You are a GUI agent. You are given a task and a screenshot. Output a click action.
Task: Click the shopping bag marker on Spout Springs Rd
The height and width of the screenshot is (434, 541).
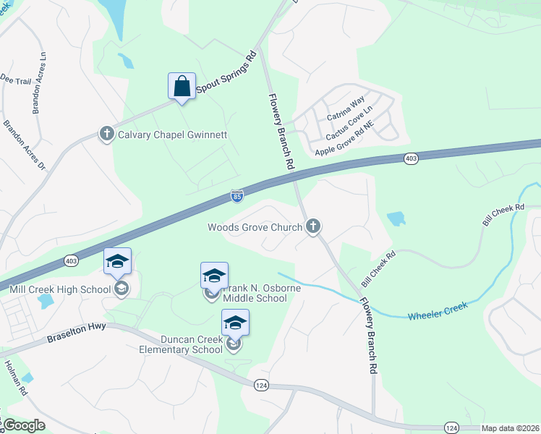pos(181,86)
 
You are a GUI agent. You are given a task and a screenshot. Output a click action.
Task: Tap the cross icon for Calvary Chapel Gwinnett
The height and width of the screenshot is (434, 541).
pos(107,134)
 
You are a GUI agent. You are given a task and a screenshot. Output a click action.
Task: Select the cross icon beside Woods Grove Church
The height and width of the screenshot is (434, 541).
pos(313,227)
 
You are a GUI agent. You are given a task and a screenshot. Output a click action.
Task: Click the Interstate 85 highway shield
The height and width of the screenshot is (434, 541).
pos(237,195)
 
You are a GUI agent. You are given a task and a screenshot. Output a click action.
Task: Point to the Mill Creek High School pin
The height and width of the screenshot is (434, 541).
pos(117,263)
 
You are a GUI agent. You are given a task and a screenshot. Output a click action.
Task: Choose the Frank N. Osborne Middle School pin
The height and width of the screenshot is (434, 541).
pos(214,277)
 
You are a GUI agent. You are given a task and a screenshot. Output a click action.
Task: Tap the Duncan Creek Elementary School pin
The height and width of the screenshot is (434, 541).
pos(235,324)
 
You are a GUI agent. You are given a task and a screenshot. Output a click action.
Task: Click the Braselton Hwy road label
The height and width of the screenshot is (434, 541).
pos(76,332)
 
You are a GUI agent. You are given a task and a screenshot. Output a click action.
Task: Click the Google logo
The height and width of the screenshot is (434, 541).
pos(24,425)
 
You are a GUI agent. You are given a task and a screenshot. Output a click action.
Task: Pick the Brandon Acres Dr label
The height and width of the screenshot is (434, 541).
pos(24,145)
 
